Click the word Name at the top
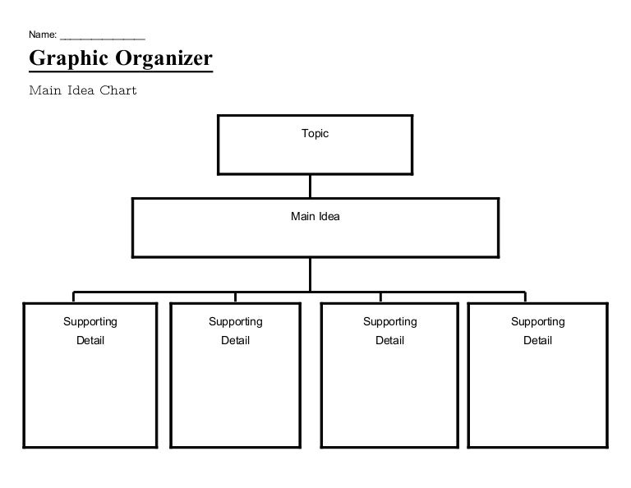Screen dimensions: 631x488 coord(42,35)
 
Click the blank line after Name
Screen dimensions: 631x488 coord(102,39)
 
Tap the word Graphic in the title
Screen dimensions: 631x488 coord(69,58)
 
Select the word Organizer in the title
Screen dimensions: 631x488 coord(164,58)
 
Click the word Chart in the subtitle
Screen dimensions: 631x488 coord(118,90)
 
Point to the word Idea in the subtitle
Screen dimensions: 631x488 coord(81,90)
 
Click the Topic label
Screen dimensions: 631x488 coord(315,134)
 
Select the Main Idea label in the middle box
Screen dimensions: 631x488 coord(315,216)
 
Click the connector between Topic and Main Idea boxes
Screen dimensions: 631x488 coord(310,186)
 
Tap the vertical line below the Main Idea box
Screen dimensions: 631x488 coord(310,274)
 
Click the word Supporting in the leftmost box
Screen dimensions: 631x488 coord(90,322)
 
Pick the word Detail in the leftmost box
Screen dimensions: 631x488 coord(90,340)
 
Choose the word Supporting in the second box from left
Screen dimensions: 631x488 coord(236,322)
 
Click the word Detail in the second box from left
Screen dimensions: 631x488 coord(236,340)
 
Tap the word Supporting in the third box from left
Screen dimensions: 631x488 coord(390,322)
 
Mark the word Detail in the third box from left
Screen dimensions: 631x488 coord(390,340)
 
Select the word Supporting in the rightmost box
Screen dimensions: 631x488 coord(538,322)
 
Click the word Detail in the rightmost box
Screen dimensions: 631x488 coord(538,340)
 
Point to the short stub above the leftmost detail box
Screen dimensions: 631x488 coord(73,297)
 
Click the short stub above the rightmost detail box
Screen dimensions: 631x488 coord(525,297)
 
